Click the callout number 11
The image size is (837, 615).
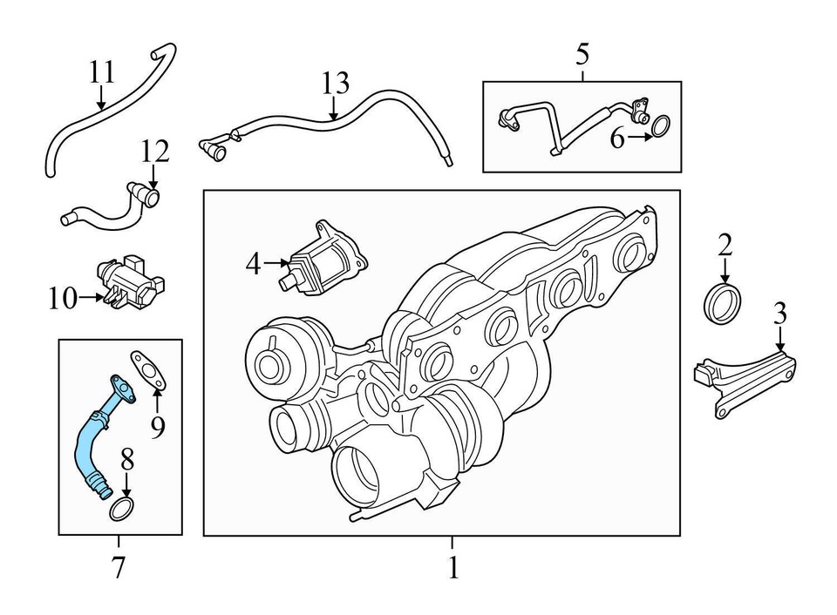(x=102, y=71)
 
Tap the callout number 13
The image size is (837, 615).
(x=335, y=84)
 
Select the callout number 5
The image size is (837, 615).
(x=582, y=54)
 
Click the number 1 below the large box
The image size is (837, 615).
(x=453, y=569)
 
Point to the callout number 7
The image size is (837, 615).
(x=119, y=568)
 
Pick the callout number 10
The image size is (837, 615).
(x=63, y=299)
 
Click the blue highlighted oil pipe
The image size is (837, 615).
(x=86, y=445)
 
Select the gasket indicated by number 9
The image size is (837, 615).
(x=148, y=369)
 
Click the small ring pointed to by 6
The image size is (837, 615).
(x=662, y=127)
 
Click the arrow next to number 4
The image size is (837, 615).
(x=279, y=262)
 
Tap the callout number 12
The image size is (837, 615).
(x=154, y=153)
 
